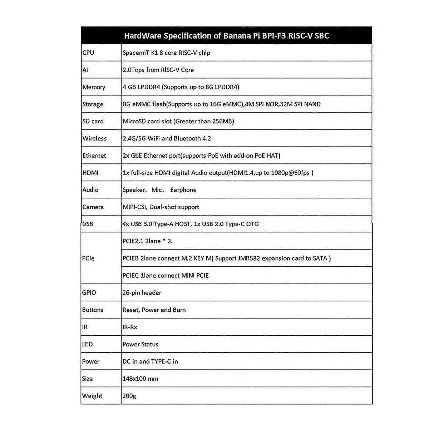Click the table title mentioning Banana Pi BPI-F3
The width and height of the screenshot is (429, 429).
[226, 36]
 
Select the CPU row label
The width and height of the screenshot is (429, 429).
[88, 53]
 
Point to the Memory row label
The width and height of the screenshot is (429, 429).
[94, 87]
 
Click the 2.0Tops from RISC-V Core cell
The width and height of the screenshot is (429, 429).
[158, 70]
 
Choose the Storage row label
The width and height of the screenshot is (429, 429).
[93, 104]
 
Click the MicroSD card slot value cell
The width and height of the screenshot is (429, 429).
[178, 122]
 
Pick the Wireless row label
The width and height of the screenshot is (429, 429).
[94, 139]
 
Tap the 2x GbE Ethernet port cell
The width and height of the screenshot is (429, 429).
[201, 156]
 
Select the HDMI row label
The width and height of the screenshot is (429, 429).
[90, 173]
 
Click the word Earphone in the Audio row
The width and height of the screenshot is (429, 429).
[183, 190]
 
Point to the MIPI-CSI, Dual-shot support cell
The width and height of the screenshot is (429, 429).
[161, 207]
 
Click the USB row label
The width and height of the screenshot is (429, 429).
[88, 224]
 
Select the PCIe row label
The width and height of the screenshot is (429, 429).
[88, 258]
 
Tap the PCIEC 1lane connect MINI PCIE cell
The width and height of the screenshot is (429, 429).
[165, 276]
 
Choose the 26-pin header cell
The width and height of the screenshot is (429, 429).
[142, 293]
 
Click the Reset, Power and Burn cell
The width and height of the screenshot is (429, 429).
[154, 310]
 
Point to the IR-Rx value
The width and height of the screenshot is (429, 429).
[130, 327]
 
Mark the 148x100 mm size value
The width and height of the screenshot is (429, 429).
[140, 379]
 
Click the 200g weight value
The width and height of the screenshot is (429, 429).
[129, 396]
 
